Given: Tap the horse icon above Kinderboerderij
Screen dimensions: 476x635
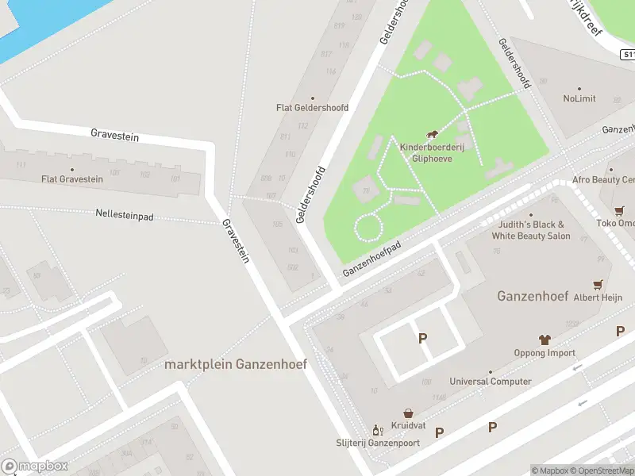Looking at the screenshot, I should (x=433, y=135).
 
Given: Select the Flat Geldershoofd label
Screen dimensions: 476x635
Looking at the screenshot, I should (x=312, y=107).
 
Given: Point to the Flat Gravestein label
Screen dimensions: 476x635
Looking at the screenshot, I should (x=72, y=179).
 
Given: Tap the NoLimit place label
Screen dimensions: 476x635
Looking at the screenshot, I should (x=579, y=99).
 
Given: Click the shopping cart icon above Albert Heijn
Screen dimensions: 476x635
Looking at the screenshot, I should (x=598, y=284).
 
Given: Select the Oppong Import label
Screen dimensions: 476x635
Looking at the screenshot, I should (x=545, y=353).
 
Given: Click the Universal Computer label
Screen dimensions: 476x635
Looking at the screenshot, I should (x=491, y=382).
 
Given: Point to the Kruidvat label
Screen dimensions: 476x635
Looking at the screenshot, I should (x=408, y=425).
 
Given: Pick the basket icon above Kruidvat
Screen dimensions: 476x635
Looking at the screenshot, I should (x=408, y=413).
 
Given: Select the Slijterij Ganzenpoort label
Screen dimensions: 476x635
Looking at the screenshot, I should (x=377, y=442).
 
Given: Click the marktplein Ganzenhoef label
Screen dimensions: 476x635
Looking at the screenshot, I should (x=235, y=365).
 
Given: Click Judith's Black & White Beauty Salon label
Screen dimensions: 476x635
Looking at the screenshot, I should (x=531, y=230).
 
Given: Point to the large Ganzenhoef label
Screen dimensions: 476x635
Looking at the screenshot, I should (x=533, y=296).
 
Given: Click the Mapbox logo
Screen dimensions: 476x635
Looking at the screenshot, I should (x=34, y=466).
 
